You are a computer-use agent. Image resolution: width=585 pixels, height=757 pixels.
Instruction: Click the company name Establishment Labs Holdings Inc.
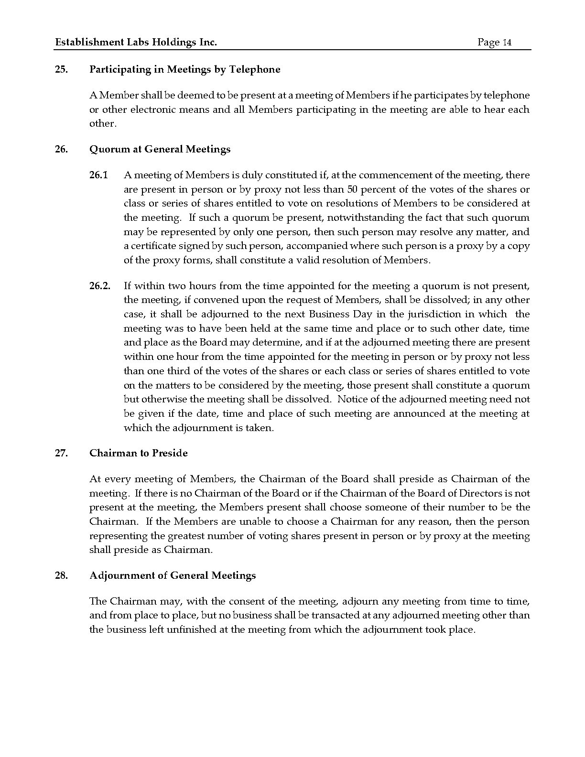(x=136, y=43)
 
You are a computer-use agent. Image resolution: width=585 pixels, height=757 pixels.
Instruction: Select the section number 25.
(x=61, y=69)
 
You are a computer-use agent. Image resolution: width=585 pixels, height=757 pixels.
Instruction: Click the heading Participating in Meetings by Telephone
(x=184, y=69)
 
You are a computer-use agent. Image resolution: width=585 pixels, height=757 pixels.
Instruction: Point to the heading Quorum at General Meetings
(x=160, y=149)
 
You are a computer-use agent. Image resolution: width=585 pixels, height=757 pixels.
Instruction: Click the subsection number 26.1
(x=98, y=175)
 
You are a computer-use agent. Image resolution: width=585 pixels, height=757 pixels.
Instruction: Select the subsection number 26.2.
(x=99, y=286)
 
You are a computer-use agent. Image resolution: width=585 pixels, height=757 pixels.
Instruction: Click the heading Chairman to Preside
(x=138, y=453)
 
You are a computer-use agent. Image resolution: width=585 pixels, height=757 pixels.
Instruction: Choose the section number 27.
(x=61, y=453)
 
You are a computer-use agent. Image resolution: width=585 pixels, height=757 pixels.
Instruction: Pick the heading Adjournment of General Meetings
(x=172, y=575)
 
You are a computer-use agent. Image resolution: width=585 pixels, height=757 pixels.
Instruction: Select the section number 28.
(x=61, y=575)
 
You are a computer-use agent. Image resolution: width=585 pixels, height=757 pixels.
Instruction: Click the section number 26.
(x=61, y=149)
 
